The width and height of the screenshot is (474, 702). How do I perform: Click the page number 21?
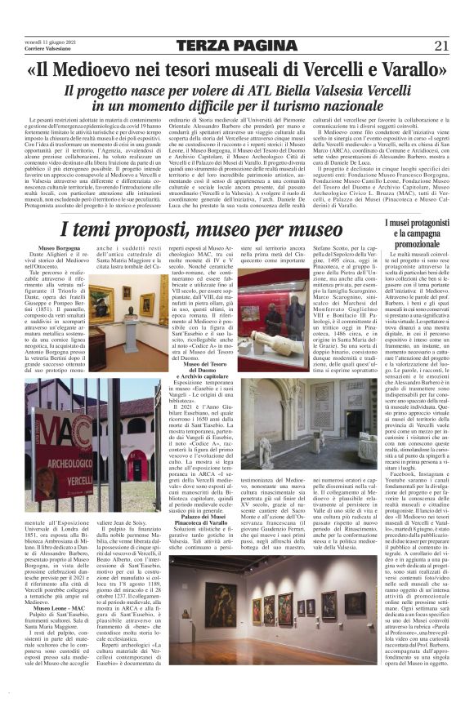441,46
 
